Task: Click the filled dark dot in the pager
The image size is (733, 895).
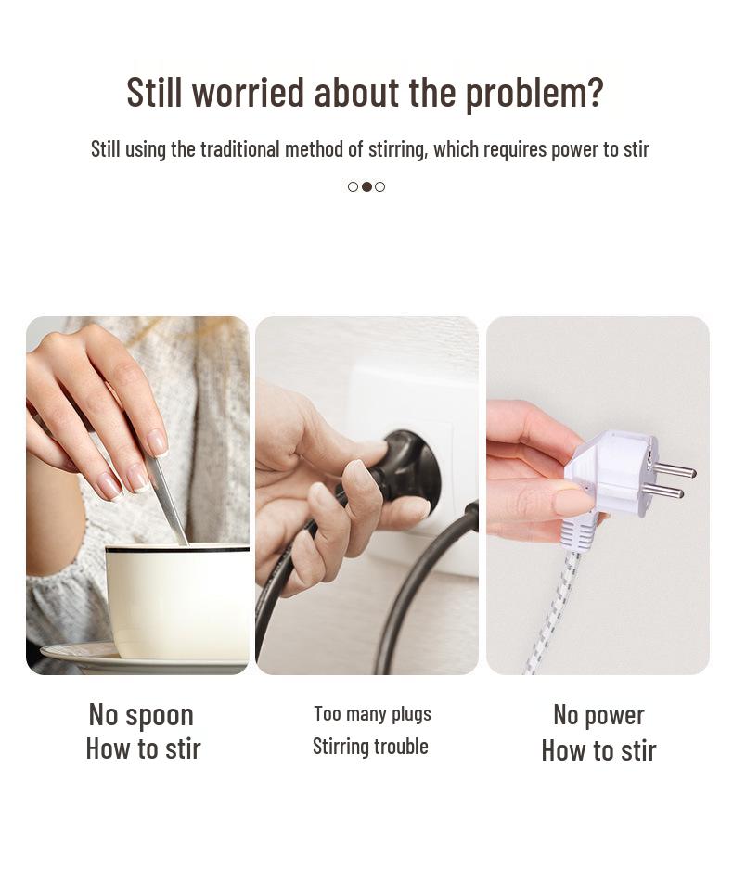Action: [366, 186]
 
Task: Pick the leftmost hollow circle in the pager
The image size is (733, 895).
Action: [353, 186]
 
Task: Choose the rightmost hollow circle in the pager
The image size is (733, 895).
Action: [380, 186]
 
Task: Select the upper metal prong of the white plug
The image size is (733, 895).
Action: [675, 469]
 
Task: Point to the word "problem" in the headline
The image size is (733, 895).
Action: [525, 92]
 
